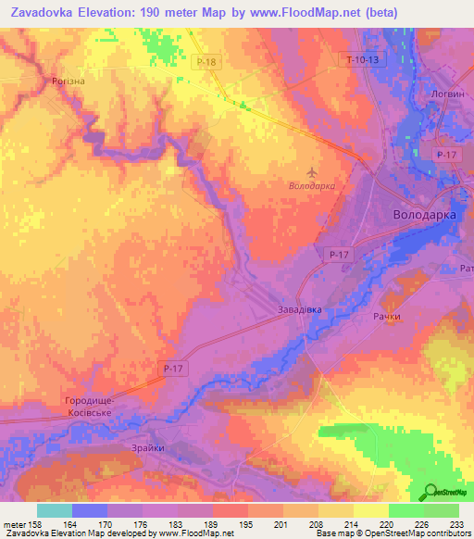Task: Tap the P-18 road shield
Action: point(206,61)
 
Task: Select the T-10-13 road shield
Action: point(361,59)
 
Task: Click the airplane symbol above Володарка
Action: point(311,172)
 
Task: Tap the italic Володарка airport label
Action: point(311,185)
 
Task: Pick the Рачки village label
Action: point(387,317)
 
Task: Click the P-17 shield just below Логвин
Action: point(448,156)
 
